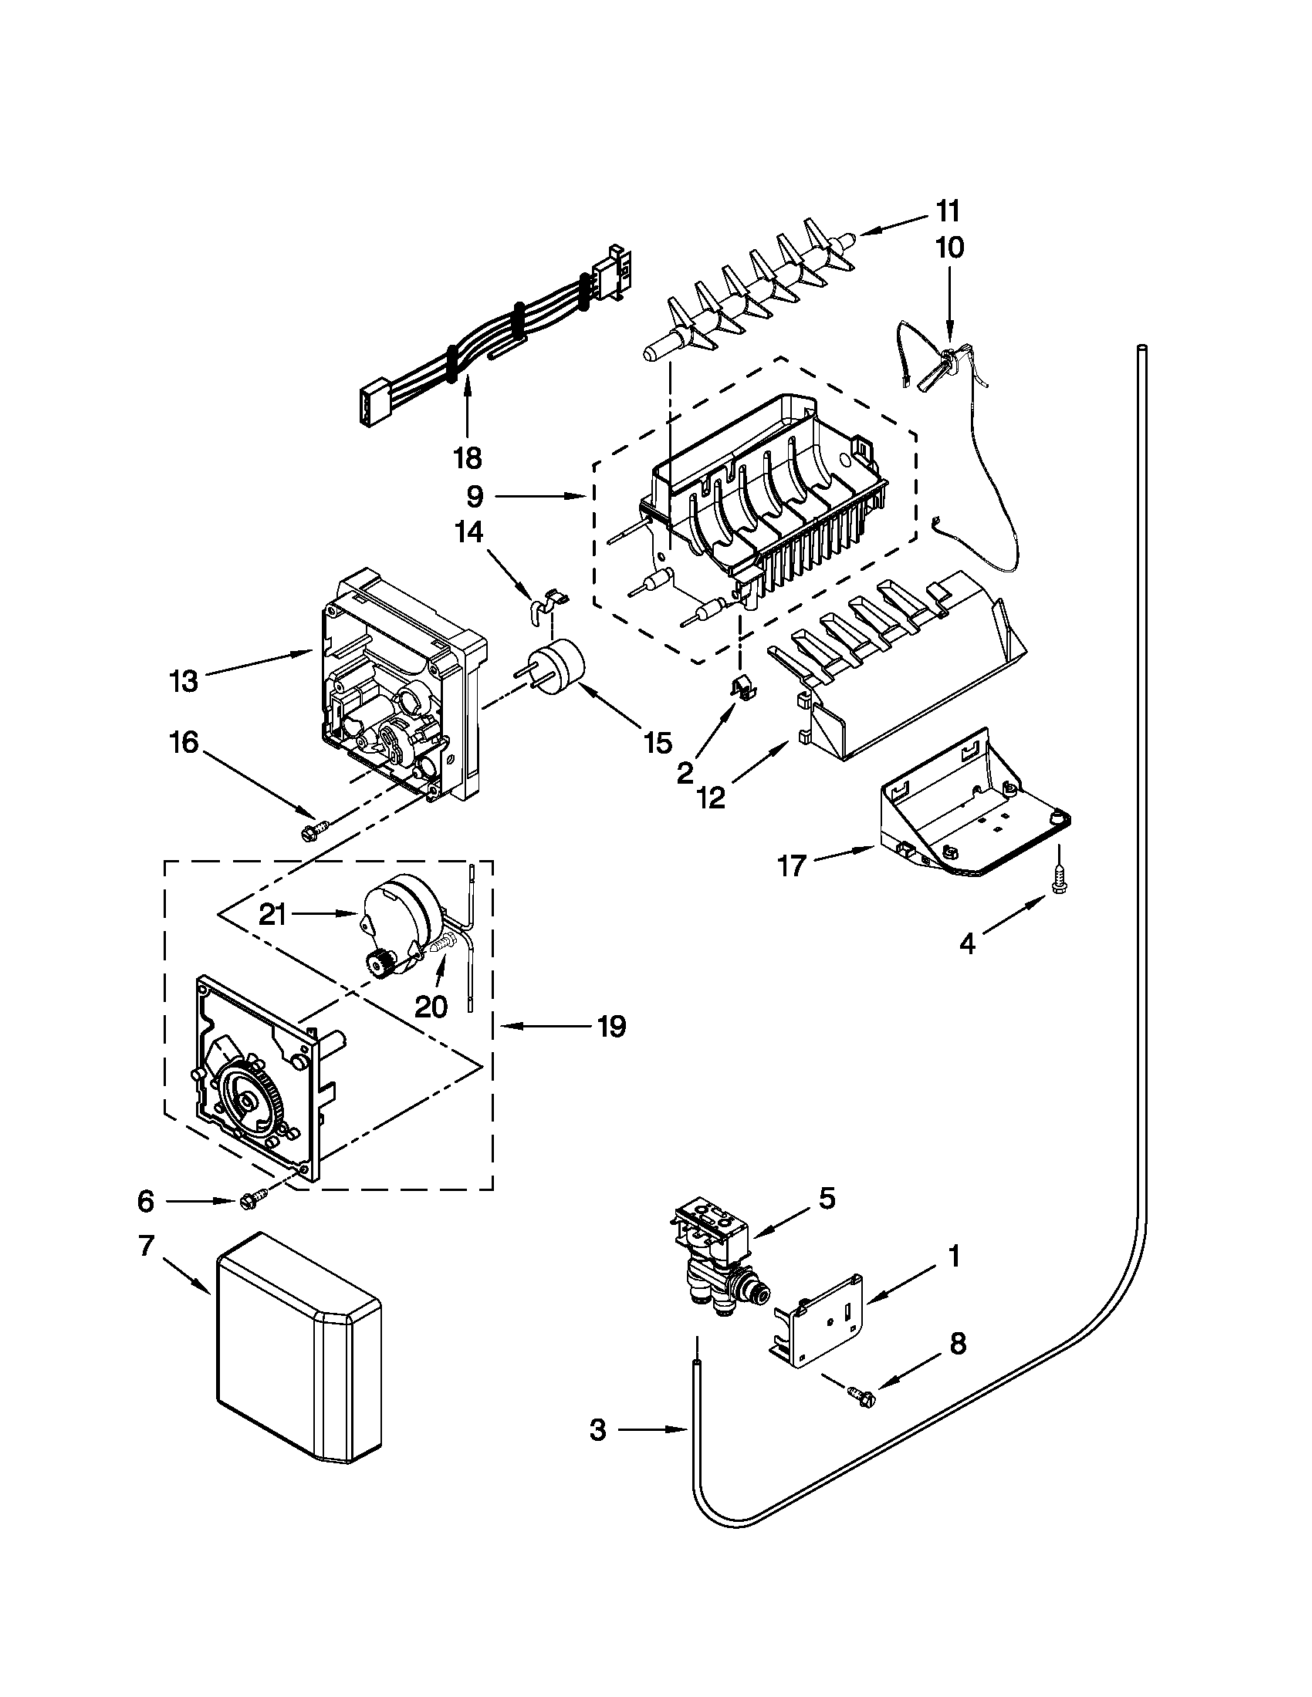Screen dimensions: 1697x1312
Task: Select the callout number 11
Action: tap(947, 211)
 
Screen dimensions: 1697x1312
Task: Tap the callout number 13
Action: tap(184, 681)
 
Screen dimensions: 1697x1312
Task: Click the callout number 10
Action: tap(949, 248)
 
